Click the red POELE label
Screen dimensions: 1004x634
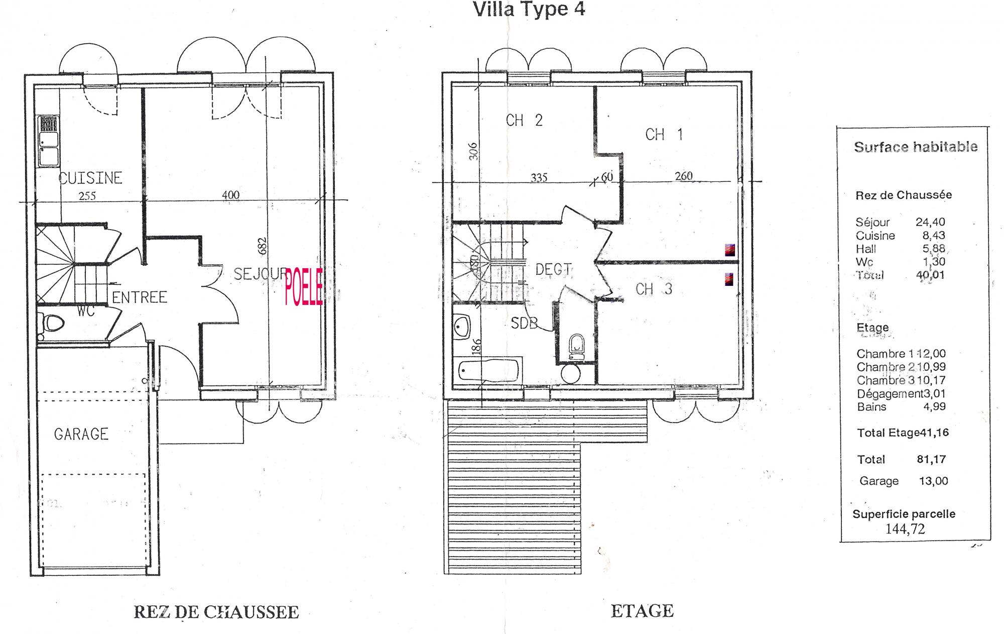[304, 287]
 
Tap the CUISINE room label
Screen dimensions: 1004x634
[90, 178]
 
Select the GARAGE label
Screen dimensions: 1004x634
[81, 434]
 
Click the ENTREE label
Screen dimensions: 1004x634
[139, 297]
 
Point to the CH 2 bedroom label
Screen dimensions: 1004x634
[524, 121]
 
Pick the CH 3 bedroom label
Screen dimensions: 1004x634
[654, 289]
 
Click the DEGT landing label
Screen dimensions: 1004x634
[553, 270]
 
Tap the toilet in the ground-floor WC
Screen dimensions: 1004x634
[52, 323]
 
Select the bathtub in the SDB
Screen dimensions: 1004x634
[489, 370]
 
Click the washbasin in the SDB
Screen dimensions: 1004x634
[462, 327]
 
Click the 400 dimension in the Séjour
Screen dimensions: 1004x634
[231, 195]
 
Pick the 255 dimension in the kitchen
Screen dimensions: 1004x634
[87, 196]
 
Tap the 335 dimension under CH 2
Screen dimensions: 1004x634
[539, 178]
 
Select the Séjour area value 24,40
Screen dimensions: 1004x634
[930, 222]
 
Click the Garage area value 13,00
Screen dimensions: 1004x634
[933, 481]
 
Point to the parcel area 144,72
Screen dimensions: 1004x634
[905, 529]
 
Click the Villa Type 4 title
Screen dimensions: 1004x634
[529, 10]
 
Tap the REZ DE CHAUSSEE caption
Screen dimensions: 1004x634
[216, 612]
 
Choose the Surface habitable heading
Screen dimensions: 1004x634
[916, 147]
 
